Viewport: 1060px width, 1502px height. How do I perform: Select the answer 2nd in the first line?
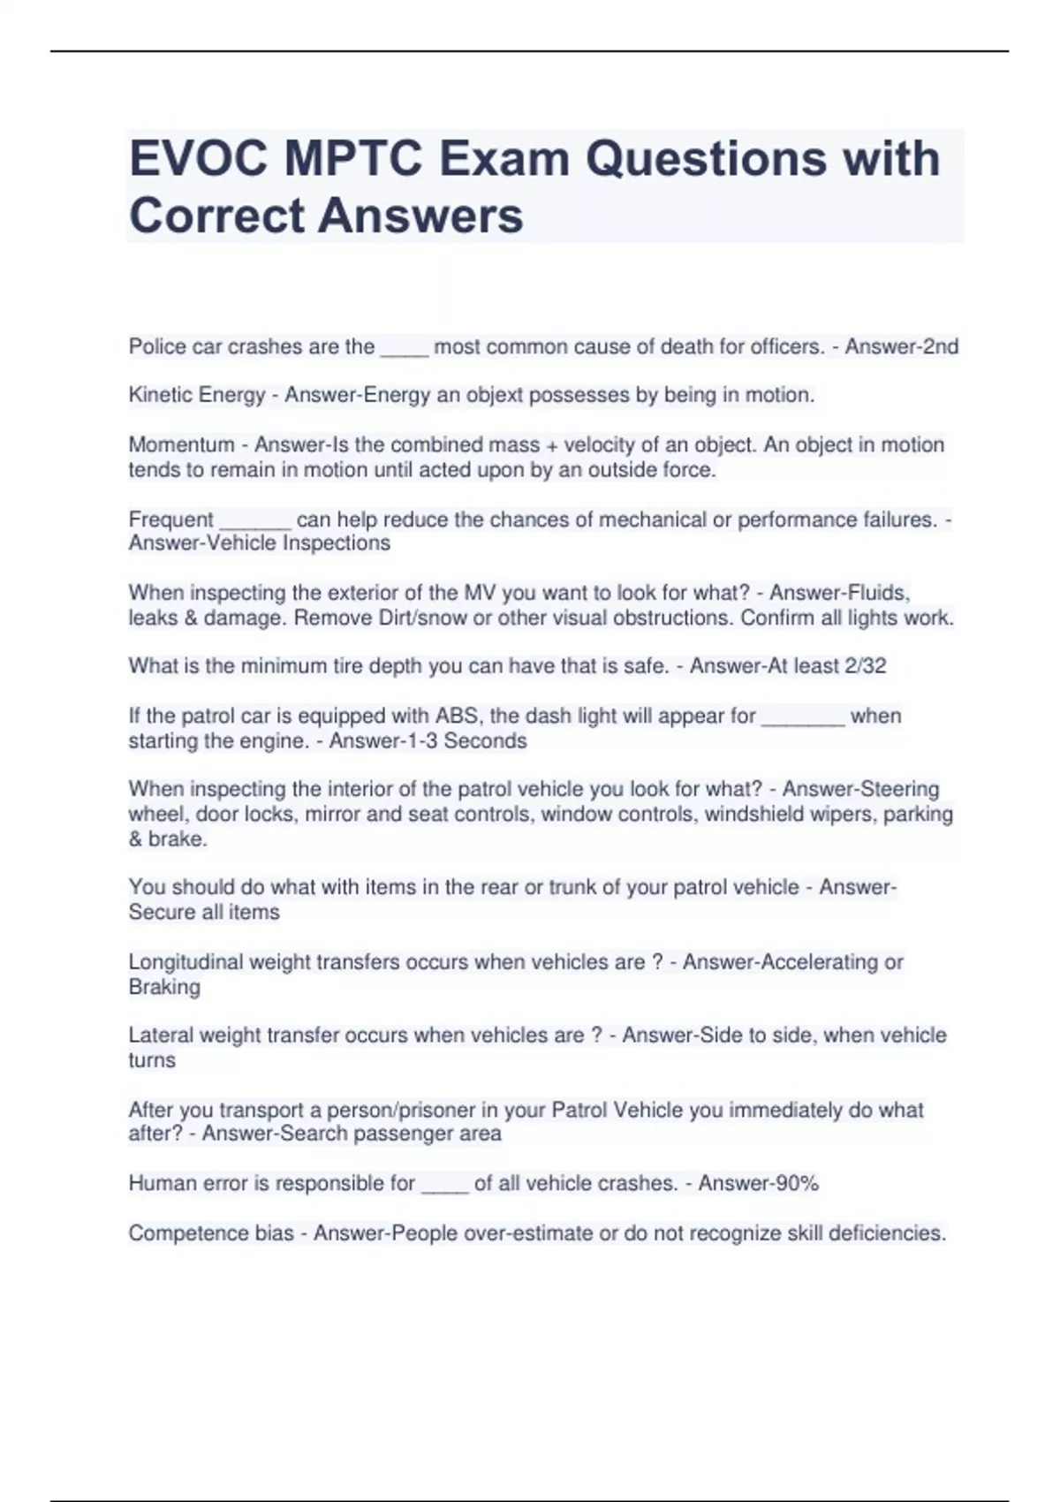pos(940,346)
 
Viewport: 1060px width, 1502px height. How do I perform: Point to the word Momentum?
pos(181,444)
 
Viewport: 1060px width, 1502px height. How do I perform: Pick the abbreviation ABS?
pos(458,716)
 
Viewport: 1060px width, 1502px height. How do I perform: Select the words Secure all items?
pos(204,912)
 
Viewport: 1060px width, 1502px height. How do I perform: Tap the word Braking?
pos(164,987)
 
